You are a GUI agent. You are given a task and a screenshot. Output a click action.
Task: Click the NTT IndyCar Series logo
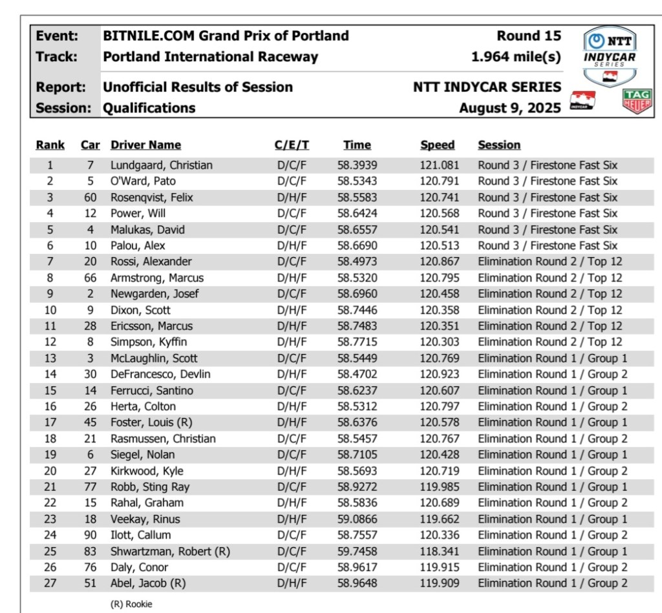[610, 57]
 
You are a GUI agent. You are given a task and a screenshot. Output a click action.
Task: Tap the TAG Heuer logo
[636, 101]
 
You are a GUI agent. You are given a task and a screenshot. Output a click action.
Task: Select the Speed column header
[438, 145]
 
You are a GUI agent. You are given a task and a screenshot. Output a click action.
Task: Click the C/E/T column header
[292, 145]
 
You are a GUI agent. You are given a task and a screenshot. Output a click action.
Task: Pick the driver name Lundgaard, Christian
[161, 165]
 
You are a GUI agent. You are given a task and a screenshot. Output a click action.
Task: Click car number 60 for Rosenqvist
[91, 198]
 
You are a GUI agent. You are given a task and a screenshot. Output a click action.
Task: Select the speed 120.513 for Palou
[440, 245]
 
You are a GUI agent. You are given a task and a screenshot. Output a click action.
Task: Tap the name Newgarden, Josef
[155, 294]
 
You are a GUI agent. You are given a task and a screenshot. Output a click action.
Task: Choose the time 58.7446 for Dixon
[358, 310]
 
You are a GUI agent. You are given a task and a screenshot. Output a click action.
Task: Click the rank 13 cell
[50, 358]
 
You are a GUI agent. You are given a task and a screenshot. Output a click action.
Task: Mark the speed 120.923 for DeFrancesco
[440, 374]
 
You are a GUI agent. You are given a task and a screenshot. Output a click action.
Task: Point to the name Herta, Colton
[143, 406]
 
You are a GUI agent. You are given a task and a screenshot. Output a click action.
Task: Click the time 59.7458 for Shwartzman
[358, 552]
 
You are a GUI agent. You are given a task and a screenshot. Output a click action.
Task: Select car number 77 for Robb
[91, 487]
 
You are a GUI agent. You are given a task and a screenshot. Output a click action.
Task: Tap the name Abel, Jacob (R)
[148, 583]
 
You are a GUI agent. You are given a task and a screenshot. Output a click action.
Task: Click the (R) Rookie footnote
[132, 605]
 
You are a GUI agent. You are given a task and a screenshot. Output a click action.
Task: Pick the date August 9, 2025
[510, 108]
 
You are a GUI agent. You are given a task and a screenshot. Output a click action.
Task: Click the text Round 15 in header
[529, 36]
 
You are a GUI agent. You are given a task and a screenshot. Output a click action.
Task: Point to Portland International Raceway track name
[211, 57]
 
